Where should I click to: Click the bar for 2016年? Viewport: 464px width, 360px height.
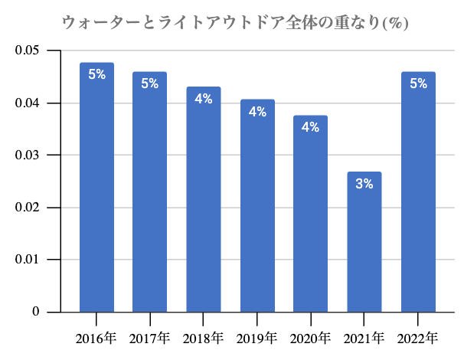(96, 188)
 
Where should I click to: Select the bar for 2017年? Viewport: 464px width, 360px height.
(150, 191)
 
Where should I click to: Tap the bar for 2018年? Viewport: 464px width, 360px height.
(204, 199)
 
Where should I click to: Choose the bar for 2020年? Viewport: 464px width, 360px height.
(311, 214)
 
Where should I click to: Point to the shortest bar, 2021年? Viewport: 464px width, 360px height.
(364, 242)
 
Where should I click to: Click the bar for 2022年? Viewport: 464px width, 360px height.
(418, 191)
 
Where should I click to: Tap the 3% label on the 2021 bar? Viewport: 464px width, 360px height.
(364, 184)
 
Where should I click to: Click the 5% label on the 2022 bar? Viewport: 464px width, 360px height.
(418, 83)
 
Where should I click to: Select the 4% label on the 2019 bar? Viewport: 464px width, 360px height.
(257, 112)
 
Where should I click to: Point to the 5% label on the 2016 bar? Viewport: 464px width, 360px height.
(96, 75)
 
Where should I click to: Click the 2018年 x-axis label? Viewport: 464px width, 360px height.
(204, 337)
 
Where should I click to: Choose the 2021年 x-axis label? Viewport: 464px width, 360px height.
(364, 337)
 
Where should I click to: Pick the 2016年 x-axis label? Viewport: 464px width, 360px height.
(96, 337)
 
